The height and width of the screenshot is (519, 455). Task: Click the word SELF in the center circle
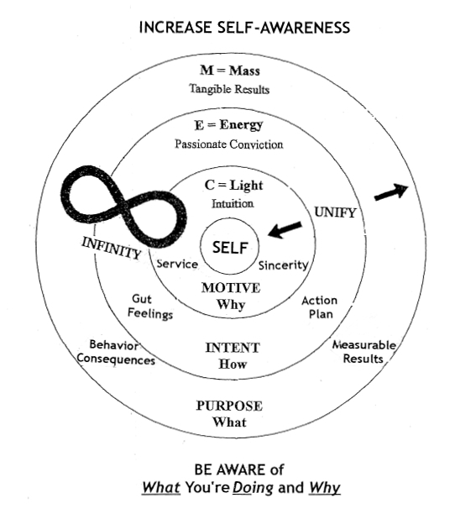[x=229, y=249]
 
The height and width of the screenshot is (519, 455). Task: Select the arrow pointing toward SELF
[x=284, y=227]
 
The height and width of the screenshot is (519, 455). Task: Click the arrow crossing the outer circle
[x=390, y=191]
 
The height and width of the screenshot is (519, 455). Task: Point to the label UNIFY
[x=334, y=212]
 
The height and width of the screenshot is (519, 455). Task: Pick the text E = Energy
[x=228, y=125]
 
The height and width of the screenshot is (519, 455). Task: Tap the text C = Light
[x=228, y=185]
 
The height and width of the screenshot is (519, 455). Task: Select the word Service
[x=177, y=264]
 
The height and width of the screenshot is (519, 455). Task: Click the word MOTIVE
[x=231, y=287]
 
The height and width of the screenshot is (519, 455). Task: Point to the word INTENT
[x=233, y=347]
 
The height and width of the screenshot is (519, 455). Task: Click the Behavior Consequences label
[x=116, y=353]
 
